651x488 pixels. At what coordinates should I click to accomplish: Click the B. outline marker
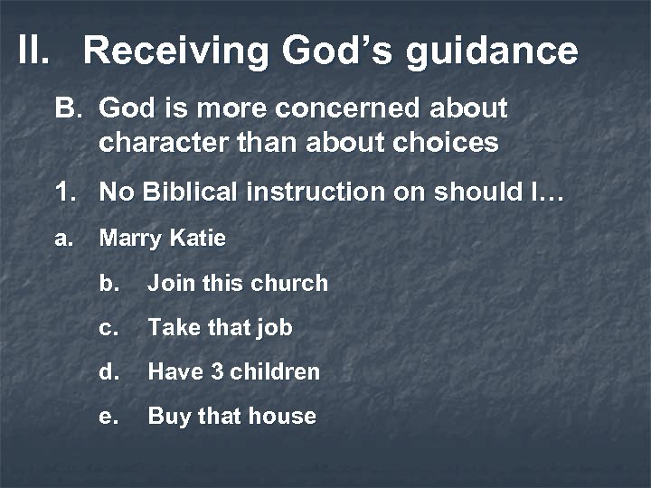coord(69,109)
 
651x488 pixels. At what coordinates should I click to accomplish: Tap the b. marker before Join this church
coord(109,284)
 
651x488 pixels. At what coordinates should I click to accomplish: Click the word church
coord(289,284)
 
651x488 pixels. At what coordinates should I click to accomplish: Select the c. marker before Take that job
coord(109,328)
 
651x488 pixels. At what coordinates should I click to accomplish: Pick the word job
coord(272,329)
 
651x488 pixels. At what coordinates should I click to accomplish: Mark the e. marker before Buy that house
coord(109,417)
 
